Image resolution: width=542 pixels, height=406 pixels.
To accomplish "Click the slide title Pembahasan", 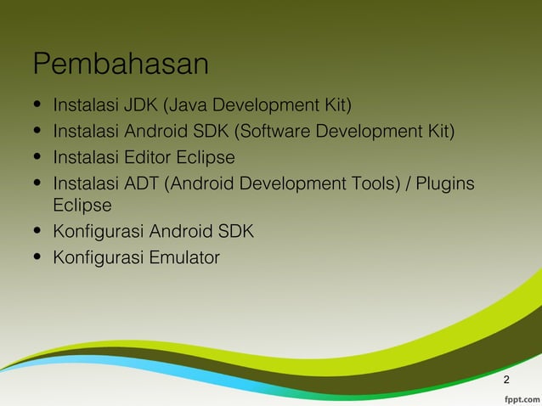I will (x=121, y=65).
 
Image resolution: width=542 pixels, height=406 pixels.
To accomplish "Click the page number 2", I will (x=506, y=379).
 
